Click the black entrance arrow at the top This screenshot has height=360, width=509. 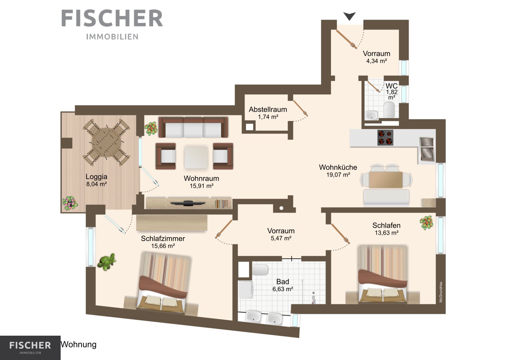pos(349,16)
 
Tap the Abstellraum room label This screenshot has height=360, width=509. pos(268,110)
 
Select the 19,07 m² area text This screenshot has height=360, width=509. pos(338,175)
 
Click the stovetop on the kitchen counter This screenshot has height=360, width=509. pos(385,137)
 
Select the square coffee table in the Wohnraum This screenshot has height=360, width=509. pos(196,157)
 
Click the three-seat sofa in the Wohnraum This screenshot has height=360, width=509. pos(193,127)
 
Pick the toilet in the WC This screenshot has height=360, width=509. pos(389,110)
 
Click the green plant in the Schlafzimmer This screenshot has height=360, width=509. pos(107,262)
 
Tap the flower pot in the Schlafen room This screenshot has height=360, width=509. pos(427,223)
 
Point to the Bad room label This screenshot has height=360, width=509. pos(283,282)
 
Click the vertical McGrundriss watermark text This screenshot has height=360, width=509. pos(441,292)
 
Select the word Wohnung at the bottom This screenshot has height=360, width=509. pos(78,345)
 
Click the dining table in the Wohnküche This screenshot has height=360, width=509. pos(386,180)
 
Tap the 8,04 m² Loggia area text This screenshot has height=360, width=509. pos(97,184)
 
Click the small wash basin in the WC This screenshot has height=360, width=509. pos(372,115)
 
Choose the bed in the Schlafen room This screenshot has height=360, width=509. pos(383,274)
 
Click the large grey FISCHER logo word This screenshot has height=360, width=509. pos(112,18)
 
